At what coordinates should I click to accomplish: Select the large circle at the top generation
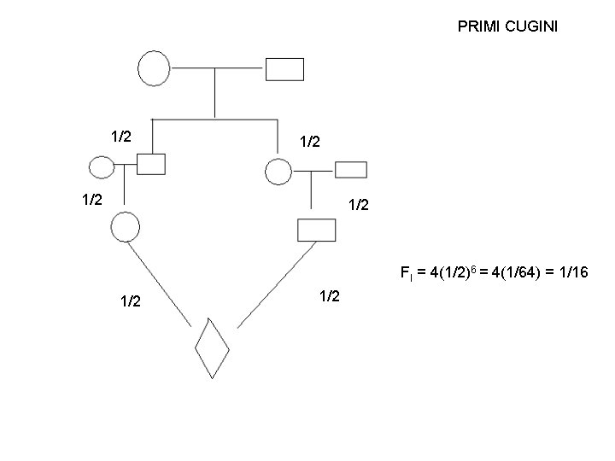[154, 68]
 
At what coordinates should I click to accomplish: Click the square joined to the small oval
[151, 163]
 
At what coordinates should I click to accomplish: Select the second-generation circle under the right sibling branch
[278, 172]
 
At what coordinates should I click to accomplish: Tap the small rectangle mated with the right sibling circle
[350, 168]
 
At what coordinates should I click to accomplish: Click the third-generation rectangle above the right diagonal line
[315, 230]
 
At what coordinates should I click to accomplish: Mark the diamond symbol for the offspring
[212, 347]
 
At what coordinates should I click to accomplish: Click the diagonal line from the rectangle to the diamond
[272, 287]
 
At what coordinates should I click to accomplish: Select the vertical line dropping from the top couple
[214, 93]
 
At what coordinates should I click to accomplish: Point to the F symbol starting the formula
[404, 274]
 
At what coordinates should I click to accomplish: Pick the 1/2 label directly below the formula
[331, 297]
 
